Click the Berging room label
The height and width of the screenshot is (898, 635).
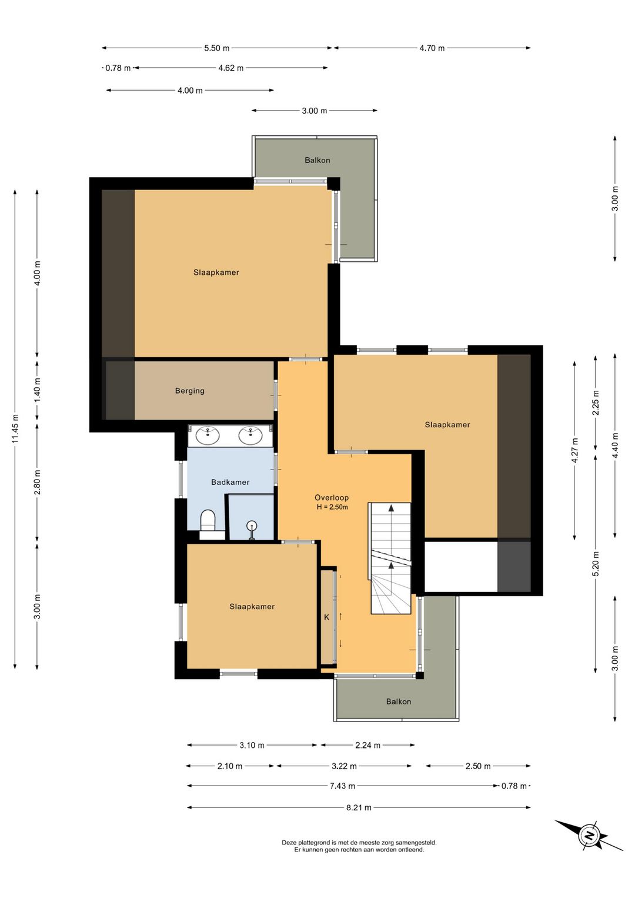tap(189, 391)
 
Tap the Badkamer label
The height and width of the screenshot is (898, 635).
tap(230, 482)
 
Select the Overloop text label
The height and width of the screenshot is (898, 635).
tap(332, 497)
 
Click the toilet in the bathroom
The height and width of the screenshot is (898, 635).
tap(208, 520)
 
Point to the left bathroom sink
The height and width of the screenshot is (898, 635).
tap(208, 435)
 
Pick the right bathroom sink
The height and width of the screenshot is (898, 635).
tap(250, 435)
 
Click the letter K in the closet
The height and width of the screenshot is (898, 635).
tap(326, 617)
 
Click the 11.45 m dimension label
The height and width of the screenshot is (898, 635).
tap(15, 429)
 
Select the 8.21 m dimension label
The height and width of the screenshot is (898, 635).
tap(359, 807)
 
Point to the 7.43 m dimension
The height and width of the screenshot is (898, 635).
tap(342, 786)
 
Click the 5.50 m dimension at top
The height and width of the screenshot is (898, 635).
tap(217, 48)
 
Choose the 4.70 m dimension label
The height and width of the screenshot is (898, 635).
tap(432, 48)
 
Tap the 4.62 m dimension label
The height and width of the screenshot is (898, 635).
tap(230, 68)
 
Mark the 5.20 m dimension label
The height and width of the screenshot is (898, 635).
tap(596, 563)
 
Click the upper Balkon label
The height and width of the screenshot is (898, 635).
tap(317, 160)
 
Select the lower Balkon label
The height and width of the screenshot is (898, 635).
tap(399, 701)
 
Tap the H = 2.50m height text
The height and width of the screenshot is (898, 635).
tap(332, 507)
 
